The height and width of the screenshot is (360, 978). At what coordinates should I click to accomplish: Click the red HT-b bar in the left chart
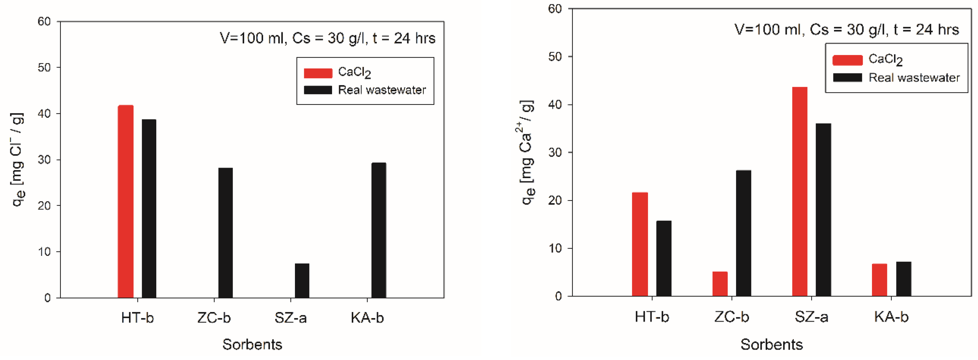[125, 201]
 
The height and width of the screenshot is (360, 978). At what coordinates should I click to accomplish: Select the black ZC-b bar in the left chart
[225, 232]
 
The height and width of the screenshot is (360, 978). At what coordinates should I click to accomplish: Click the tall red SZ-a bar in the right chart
[800, 191]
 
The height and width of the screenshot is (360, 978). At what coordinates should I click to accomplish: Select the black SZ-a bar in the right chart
[823, 210]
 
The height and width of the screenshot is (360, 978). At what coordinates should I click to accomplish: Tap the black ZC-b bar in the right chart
[743, 233]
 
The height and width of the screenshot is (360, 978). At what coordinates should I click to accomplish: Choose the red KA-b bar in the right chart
[879, 280]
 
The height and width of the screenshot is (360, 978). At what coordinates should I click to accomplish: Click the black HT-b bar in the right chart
[664, 258]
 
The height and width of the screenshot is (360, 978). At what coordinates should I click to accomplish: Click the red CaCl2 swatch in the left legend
[318, 73]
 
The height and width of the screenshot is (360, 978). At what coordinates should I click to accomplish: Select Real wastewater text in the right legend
[914, 78]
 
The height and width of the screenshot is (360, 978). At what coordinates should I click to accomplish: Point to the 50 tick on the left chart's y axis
[44, 68]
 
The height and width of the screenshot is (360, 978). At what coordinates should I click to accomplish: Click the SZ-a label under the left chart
[290, 318]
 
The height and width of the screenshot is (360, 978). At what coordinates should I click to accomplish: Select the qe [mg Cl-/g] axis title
[18, 160]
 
